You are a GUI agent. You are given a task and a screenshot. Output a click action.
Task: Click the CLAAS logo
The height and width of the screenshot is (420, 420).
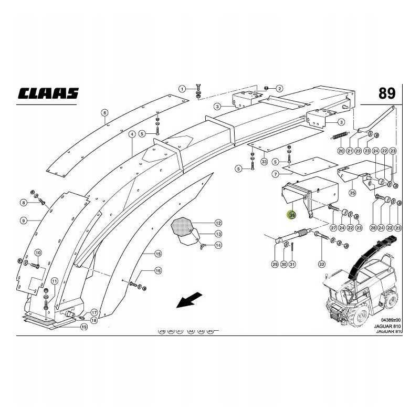tap(48, 93)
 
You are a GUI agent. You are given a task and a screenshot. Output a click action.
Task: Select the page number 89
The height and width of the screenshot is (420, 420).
tap(387, 93)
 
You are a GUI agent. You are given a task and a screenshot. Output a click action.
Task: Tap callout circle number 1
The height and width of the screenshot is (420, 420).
tap(181, 88)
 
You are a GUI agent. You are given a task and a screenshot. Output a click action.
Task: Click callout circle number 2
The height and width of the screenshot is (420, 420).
tap(279, 88)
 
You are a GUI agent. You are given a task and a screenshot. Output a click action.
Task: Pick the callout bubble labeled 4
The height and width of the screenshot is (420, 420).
tap(133, 134)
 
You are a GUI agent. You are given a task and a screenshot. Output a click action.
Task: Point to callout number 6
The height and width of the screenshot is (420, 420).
tap(104, 113)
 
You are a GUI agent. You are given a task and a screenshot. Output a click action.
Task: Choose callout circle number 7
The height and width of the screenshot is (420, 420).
tap(275, 173)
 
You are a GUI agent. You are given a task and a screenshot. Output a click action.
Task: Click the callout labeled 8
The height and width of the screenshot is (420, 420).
tap(24, 203)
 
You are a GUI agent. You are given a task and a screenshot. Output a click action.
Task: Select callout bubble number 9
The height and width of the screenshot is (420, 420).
tap(24, 220)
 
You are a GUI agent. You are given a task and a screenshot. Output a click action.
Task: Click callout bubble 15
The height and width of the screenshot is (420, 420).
tap(157, 254)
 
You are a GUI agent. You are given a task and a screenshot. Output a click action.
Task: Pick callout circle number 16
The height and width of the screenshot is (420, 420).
tap(157, 271)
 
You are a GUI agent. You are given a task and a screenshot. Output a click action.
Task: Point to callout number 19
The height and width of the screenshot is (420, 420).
tap(83, 327)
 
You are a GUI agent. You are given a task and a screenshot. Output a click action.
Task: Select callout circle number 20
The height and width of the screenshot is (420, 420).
tap(341, 151)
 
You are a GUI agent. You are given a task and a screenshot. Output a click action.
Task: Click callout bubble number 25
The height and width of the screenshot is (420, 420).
tap(352, 193)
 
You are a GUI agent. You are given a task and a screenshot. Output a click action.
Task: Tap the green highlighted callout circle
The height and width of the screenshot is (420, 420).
tap(292, 214)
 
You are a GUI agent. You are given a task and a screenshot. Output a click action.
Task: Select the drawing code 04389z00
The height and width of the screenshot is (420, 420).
tap(390, 320)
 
